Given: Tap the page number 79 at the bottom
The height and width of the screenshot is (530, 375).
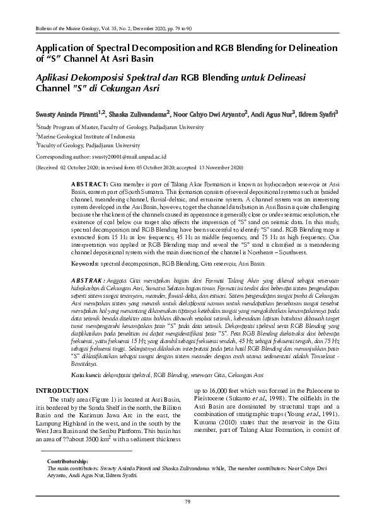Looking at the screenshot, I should [x=187, y=501].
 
